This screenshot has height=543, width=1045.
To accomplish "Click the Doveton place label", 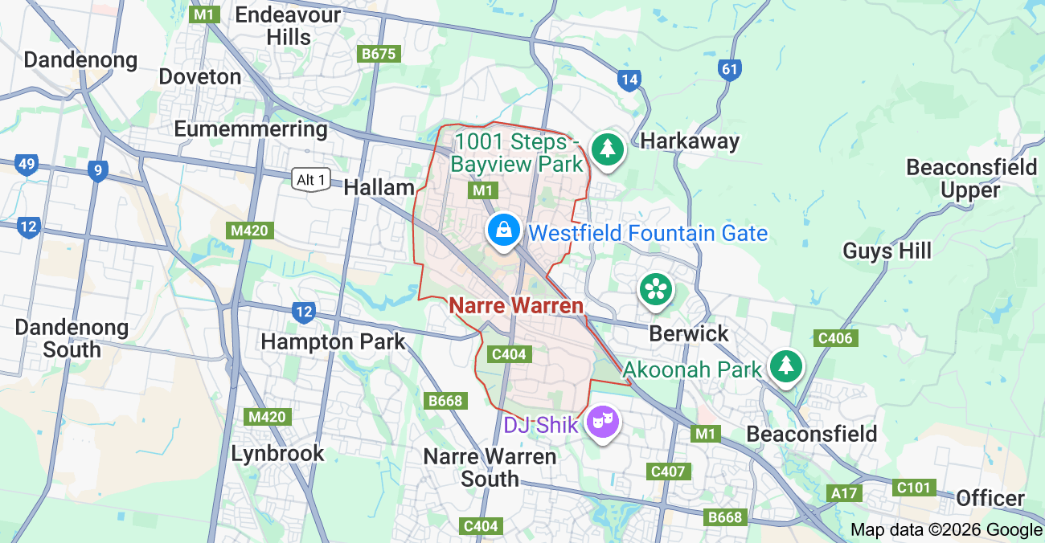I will point(200,77).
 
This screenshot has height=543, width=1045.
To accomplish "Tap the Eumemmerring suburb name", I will point(251,129).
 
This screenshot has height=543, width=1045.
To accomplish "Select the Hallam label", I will point(379,188).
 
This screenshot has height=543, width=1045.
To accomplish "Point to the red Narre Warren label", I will point(516,306).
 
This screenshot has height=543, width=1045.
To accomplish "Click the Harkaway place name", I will point(690,142).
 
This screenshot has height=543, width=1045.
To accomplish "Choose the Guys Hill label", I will point(887,251).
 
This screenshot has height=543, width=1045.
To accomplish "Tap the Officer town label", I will point(990,498).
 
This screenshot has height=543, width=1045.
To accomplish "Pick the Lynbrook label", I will point(277,454).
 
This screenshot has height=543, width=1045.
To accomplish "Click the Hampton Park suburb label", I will point(333,341).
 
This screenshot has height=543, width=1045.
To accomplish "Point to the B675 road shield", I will point(379,54).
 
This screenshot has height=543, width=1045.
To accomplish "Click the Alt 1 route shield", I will point(311,180).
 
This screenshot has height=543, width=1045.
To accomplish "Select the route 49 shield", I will point(27,165).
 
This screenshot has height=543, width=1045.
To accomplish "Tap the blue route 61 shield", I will point(729,69).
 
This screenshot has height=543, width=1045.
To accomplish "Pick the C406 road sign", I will point(834,338).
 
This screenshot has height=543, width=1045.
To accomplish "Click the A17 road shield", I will point(845,493).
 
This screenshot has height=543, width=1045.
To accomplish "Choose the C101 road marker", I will point(913,488).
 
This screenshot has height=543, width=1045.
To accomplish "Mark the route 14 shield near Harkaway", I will point(629,80).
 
